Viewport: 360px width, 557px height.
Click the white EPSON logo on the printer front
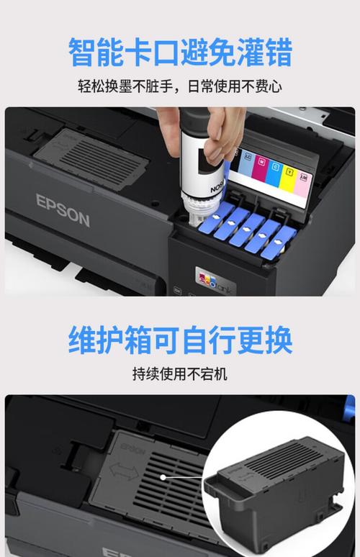[63, 210]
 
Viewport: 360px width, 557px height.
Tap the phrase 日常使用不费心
[236, 88]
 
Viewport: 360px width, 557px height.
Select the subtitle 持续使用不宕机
[180, 375]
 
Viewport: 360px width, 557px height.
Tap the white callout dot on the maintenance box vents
[164, 476]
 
